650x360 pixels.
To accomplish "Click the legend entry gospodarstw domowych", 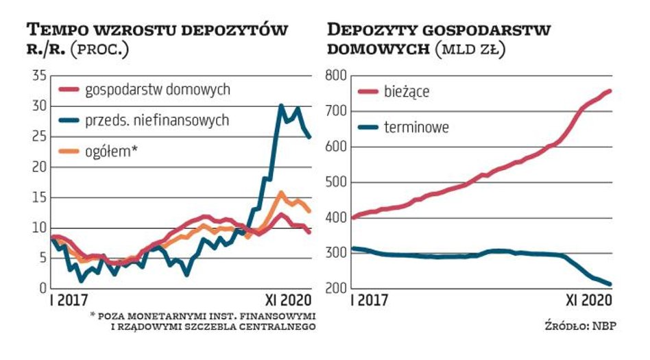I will click(x=157, y=89).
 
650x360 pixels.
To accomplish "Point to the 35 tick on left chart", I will click(x=39, y=76).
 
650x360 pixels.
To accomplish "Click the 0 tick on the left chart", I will click(x=43, y=288).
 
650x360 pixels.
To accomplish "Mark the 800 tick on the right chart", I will click(x=334, y=76).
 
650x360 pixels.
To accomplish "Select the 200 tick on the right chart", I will click(x=334, y=288).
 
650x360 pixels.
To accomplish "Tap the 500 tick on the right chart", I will click(x=334, y=182).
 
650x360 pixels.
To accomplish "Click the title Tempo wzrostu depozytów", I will click(x=157, y=31).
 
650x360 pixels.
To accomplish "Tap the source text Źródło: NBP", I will click(x=587, y=326).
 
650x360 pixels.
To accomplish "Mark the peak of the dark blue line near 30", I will click(x=281, y=106).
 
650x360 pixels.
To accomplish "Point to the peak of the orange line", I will click(x=281, y=193).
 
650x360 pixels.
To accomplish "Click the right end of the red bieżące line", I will click(x=610, y=91).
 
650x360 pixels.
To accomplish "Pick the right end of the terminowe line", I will click(x=610, y=284).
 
